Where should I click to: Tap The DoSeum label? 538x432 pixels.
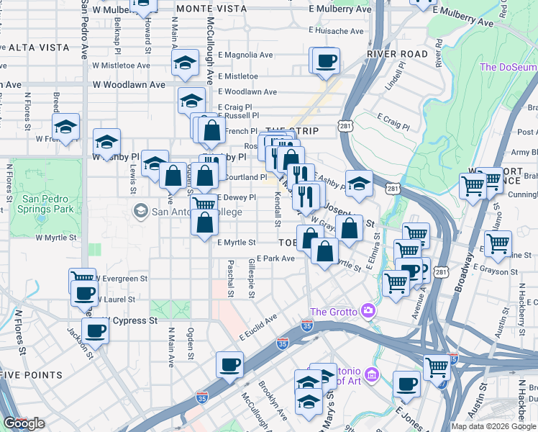[508, 67]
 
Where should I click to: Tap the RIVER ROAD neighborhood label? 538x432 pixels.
[397, 54]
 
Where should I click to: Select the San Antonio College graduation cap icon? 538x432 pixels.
[140, 210]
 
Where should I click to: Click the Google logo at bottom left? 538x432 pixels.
[23, 423]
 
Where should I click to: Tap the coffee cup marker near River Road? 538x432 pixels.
[325, 60]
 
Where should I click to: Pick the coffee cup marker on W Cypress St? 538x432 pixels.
[95, 331]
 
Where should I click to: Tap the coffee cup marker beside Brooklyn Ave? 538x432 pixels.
[230, 364]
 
